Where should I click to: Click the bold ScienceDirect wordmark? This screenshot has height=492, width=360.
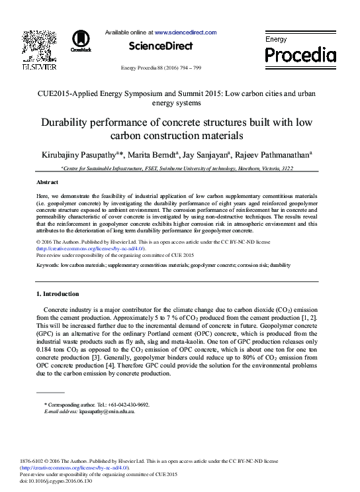coord(161,46)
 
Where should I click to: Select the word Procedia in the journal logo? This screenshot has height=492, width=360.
coord(300,54)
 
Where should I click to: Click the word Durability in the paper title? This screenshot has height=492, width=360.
coord(67,123)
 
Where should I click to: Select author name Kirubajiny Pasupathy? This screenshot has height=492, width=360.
coord(75,156)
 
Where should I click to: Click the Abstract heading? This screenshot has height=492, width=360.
coord(47,181)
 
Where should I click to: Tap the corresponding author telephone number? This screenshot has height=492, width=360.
coord(128,405)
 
